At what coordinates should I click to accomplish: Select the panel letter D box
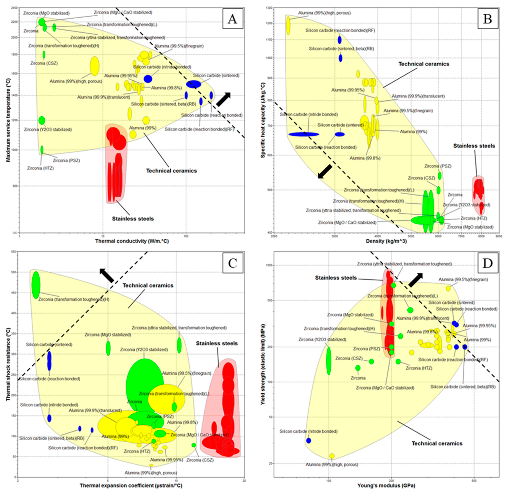[487, 263]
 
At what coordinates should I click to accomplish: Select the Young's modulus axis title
[386, 485]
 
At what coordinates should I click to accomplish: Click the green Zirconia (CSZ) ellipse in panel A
[44, 55]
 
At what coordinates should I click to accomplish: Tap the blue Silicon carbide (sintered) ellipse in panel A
[193, 84]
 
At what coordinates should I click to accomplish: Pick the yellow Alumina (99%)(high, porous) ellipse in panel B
[288, 25]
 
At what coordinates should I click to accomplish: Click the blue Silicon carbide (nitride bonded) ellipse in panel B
[304, 134]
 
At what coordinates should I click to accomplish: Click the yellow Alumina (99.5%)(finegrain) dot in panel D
[448, 288]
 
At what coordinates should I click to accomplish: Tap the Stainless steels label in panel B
[474, 146]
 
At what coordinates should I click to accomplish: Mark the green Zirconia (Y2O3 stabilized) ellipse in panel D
[329, 361]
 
